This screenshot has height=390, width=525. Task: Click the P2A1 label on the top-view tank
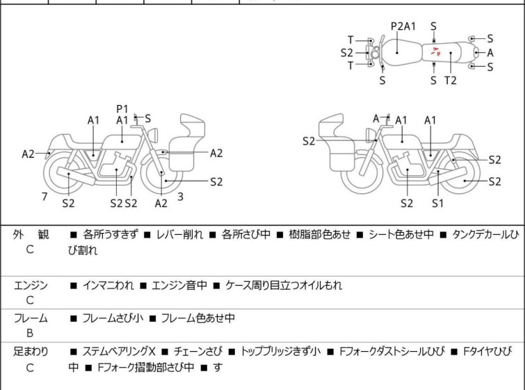(x=403, y=26)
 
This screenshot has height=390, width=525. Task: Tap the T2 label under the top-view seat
(x=451, y=80)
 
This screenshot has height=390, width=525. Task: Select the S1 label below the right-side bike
(x=437, y=203)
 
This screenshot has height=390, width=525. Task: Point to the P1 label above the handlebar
(x=122, y=108)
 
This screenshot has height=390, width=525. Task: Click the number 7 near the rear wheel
(x=45, y=197)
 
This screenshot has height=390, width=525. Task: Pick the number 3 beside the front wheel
(x=180, y=197)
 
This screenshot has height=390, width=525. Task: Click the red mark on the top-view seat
(x=435, y=51)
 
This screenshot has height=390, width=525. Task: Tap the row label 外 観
(x=31, y=236)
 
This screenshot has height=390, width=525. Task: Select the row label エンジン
(x=31, y=285)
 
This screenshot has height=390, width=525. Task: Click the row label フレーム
(x=31, y=318)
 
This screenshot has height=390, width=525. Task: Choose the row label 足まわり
(x=31, y=352)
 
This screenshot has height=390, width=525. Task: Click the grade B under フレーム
(x=30, y=334)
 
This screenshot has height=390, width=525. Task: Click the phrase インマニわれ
(x=107, y=285)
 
